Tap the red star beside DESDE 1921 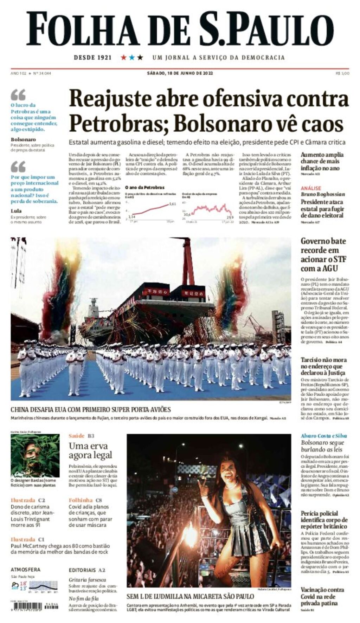(124, 57)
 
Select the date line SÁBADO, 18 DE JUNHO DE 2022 (180, 73)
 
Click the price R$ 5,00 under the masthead (342, 73)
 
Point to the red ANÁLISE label (311, 188)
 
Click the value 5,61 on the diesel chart (172, 204)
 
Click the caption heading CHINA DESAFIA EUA (90, 409)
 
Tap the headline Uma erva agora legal (90, 450)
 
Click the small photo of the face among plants (35, 455)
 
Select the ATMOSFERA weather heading (25, 570)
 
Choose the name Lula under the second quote (16, 211)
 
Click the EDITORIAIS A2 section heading (87, 570)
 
